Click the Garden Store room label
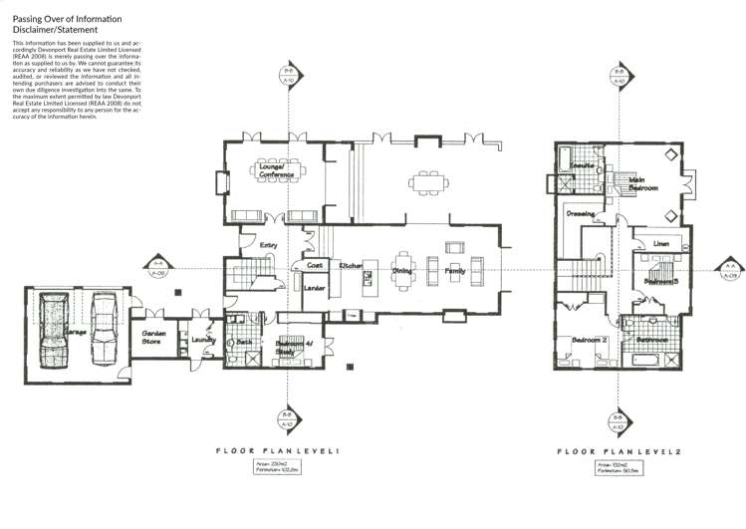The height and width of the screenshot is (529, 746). (x=153, y=338)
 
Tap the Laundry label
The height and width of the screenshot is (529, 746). (x=203, y=340)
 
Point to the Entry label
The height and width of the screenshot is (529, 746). (x=268, y=243)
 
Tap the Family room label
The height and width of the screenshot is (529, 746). (x=455, y=270)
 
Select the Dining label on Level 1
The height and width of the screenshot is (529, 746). (x=402, y=270)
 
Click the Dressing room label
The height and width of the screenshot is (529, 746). (x=581, y=213)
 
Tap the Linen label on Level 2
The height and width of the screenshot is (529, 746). (x=660, y=243)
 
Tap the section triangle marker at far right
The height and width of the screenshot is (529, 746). (x=731, y=269)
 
